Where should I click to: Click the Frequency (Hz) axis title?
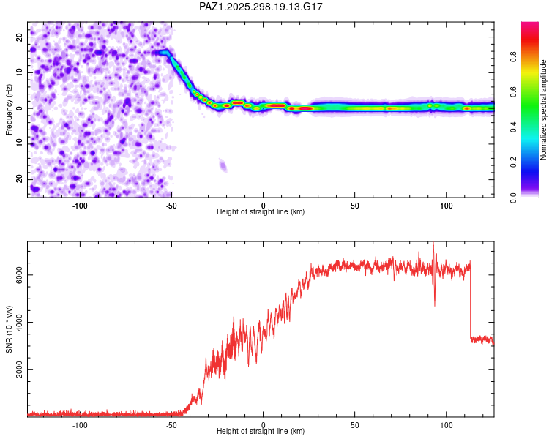point(10,110)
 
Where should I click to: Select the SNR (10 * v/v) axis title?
point(10,329)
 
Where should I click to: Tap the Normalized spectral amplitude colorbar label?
point(543,110)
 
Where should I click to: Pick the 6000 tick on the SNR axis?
point(16,275)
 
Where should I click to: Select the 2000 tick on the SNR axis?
point(16,370)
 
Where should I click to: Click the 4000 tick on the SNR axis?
point(16,323)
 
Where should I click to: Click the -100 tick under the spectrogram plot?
point(80,206)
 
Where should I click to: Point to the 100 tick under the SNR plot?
point(446,424)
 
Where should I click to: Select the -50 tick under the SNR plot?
point(171,424)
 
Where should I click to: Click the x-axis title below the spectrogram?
point(261,212)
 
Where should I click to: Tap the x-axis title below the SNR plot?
point(261,431)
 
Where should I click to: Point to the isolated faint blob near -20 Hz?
point(223,166)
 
